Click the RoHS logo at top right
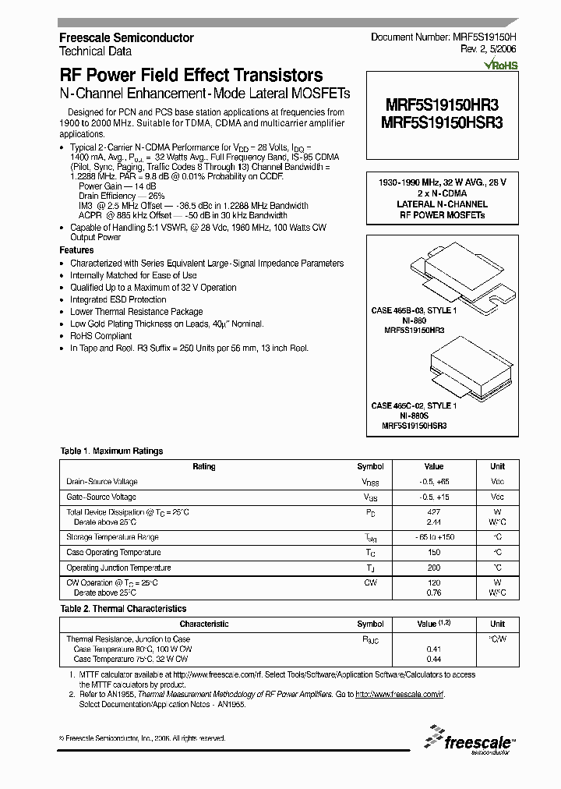point(501,66)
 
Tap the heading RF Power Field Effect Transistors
point(191,76)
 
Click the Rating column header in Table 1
point(204,466)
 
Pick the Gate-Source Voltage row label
point(101,497)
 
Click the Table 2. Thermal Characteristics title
point(123,608)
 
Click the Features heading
point(76,250)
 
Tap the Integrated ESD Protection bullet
point(118,299)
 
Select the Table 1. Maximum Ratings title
point(111,451)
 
